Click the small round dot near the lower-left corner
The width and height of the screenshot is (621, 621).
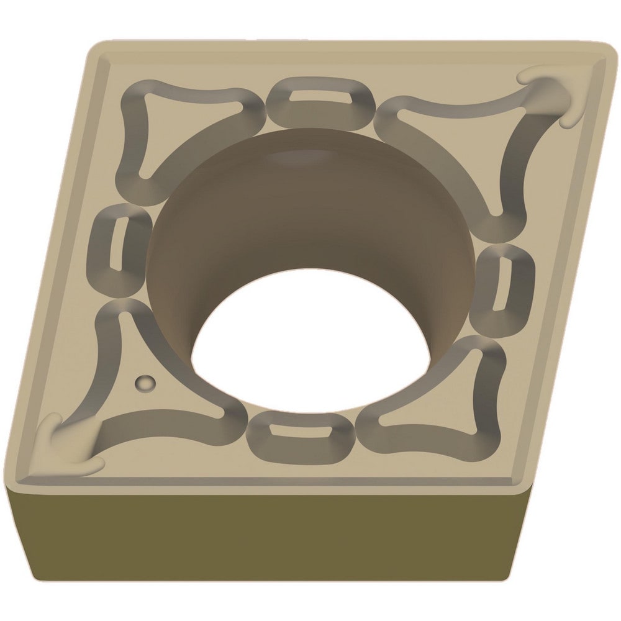pyautogui.click(x=145, y=383)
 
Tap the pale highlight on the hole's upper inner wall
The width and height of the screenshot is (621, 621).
pyautogui.click(x=304, y=158)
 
